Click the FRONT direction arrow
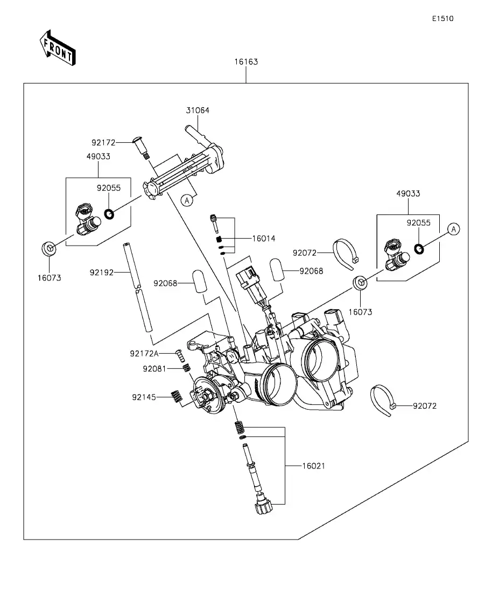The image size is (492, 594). (x=57, y=48)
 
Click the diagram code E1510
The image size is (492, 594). (x=442, y=18)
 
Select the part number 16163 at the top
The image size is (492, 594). (x=245, y=62)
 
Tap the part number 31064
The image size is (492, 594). (x=198, y=110)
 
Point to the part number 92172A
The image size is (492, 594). (x=144, y=354)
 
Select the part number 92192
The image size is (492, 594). (x=102, y=272)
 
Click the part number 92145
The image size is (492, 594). (x=144, y=397)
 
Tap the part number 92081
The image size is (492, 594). (x=154, y=369)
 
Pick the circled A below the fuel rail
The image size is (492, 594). (x=187, y=200)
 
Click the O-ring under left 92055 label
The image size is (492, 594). (x=109, y=214)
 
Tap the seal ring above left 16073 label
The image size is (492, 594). (x=49, y=249)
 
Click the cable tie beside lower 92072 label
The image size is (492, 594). (x=383, y=400)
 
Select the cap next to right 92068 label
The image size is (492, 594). (x=277, y=269)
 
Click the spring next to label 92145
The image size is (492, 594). (x=175, y=396)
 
